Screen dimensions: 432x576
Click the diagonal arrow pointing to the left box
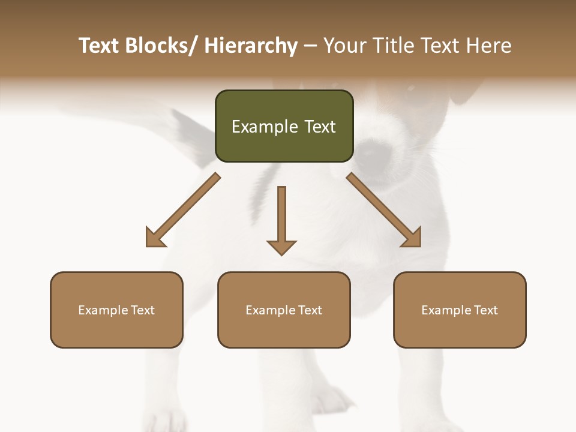point(182,211)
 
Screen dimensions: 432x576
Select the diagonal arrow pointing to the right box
point(384,211)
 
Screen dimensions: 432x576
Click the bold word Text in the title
point(99,46)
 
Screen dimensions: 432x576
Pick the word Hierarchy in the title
point(251,46)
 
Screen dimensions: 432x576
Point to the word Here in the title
point(490,46)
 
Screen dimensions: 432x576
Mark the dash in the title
point(310,46)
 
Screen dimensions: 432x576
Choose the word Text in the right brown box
point(485,310)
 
